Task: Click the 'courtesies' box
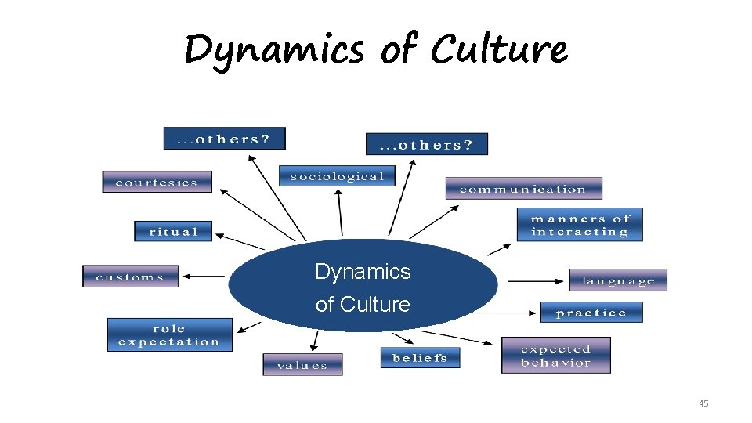click(x=157, y=182)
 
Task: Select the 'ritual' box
click(x=173, y=231)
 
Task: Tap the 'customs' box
click(x=130, y=277)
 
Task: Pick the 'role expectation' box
click(x=169, y=334)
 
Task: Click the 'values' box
click(x=302, y=365)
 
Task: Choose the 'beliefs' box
click(x=420, y=358)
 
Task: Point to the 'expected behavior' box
click(x=555, y=356)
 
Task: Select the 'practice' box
click(x=591, y=313)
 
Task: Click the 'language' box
click(x=618, y=280)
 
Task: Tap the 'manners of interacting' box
click(x=580, y=225)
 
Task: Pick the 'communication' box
click(x=523, y=189)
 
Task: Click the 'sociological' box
click(x=337, y=176)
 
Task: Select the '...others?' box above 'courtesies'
click(x=224, y=139)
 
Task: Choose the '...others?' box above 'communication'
click(x=426, y=144)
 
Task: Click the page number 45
click(x=703, y=403)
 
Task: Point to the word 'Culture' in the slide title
click(x=499, y=49)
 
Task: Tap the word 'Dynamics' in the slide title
click(x=274, y=50)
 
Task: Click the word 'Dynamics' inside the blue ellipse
click(x=363, y=272)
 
